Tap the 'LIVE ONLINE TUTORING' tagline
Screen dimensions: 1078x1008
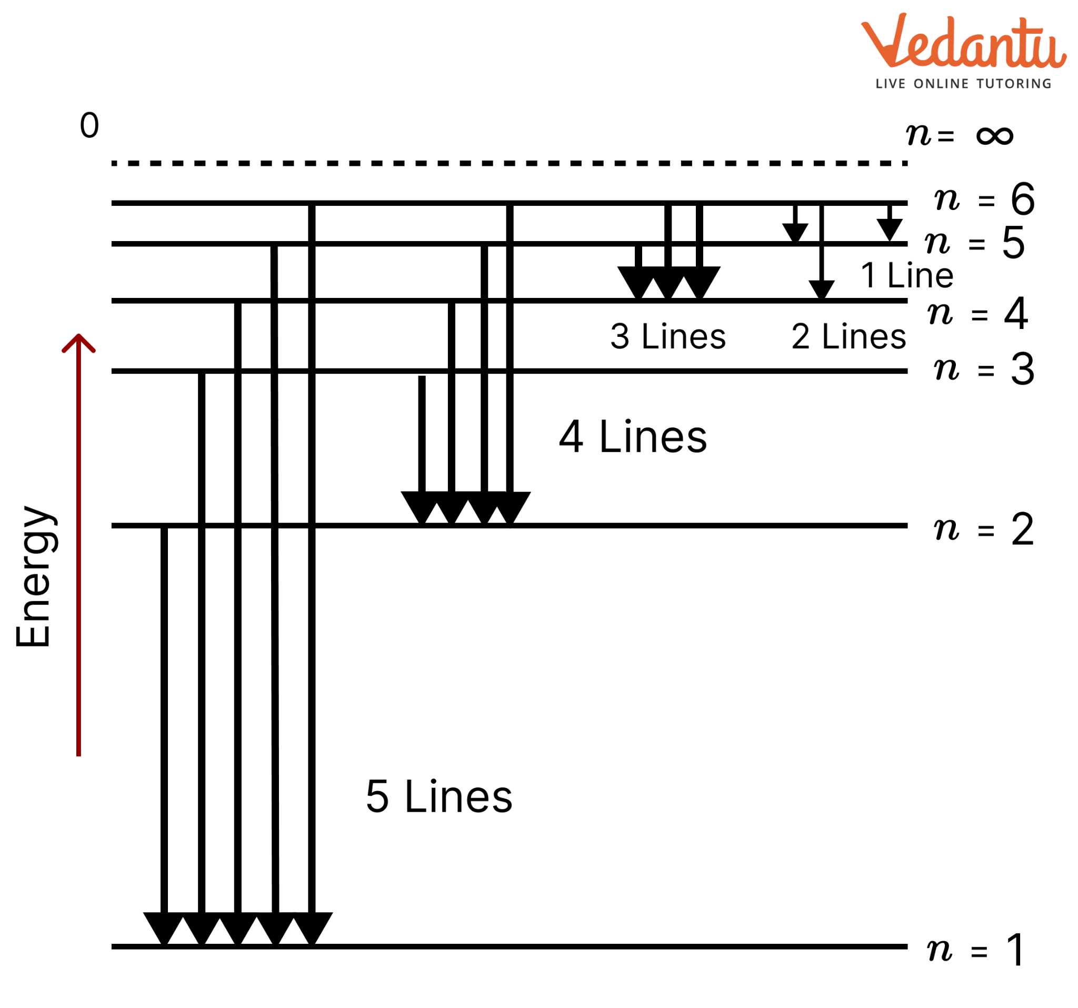(x=964, y=84)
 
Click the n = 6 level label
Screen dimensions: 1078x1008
(x=985, y=199)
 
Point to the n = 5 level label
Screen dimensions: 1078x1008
(x=975, y=242)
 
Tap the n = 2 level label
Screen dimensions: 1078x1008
(x=985, y=529)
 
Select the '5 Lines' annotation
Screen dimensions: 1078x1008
(x=439, y=797)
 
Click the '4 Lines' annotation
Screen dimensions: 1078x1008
(x=633, y=437)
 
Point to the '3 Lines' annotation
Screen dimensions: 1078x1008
(x=668, y=336)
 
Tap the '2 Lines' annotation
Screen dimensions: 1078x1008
(x=849, y=336)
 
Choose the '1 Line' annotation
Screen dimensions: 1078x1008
(x=907, y=275)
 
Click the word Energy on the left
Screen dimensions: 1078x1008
(x=34, y=576)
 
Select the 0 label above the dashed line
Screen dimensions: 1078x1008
(x=89, y=125)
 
